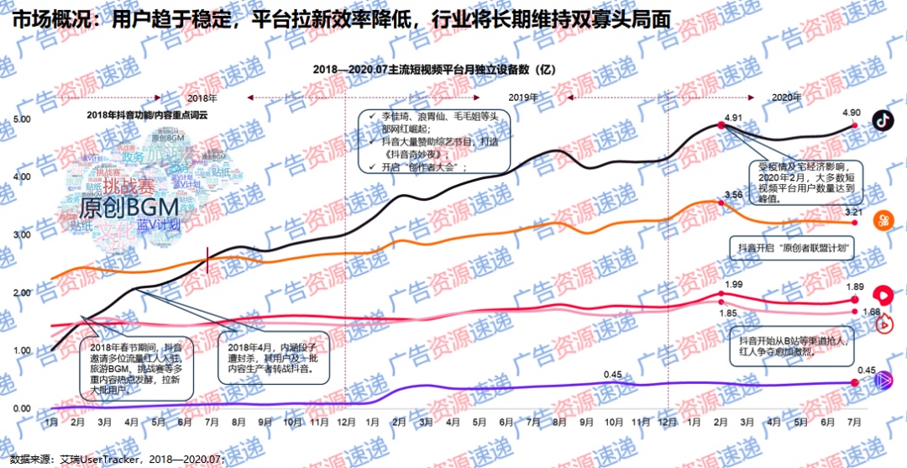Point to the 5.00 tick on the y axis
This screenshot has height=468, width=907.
coord(22,119)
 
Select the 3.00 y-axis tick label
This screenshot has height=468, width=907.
coord(22,234)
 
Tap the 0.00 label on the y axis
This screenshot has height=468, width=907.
coord(22,408)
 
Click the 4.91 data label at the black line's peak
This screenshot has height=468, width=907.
coord(733,117)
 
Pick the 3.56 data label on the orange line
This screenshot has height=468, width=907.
coord(733,195)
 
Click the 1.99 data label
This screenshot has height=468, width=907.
coord(733,285)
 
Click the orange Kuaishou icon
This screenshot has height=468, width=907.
coord(883,219)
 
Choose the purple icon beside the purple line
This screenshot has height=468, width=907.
coord(883,381)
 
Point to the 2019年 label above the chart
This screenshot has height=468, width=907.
coord(523,97)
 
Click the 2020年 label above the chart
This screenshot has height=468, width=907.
coord(786,97)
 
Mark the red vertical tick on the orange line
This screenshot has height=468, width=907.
coord(207,261)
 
